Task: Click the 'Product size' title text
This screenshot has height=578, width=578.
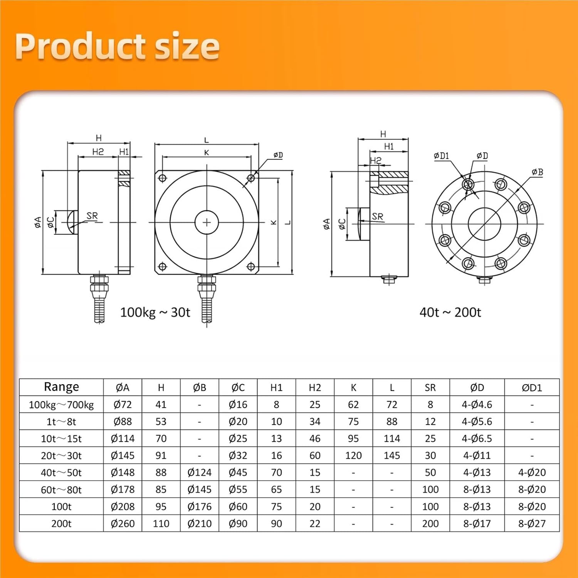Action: [x=117, y=46]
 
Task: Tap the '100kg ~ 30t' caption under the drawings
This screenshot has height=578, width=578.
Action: [x=155, y=312]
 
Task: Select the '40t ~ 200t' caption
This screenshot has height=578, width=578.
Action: [x=450, y=312]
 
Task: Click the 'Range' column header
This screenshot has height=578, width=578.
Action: [x=61, y=387]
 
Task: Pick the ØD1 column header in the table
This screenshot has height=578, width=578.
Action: [x=532, y=388]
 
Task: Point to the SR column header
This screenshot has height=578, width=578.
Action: [x=430, y=388]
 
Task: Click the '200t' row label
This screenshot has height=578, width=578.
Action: [x=61, y=524]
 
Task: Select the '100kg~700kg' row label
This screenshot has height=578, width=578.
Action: [x=61, y=405]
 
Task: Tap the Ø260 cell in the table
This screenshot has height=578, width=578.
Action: [x=123, y=524]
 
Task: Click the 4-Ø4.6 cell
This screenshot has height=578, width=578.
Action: [x=477, y=405]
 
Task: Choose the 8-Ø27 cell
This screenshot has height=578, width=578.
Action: [x=532, y=524]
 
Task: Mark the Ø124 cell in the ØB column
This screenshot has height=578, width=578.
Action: [x=199, y=472]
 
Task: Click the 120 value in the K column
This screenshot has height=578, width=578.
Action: [x=353, y=455]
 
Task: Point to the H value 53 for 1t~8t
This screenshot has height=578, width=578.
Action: [x=161, y=422]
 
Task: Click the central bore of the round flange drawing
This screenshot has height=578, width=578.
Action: [x=484, y=223]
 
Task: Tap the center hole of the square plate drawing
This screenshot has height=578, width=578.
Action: [x=207, y=222]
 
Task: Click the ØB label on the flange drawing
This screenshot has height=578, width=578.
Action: [x=537, y=172]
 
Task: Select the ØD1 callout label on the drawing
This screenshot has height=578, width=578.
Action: [x=441, y=156]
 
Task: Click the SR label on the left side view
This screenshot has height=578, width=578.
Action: [x=92, y=216]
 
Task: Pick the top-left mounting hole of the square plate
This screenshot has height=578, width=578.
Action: [x=162, y=178]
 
